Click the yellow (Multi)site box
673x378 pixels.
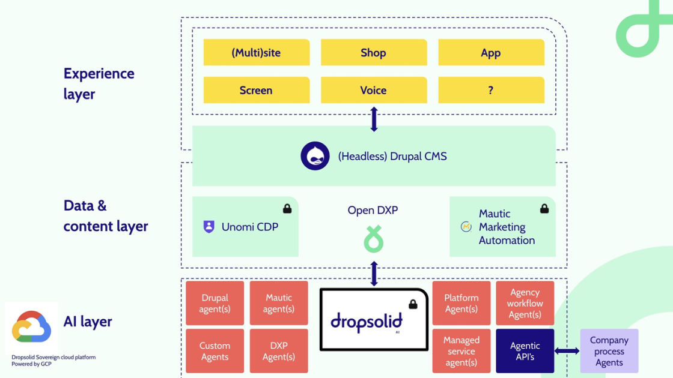pos(257,53)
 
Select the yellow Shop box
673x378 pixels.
pos(374,53)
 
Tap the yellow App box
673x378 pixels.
pos(491,53)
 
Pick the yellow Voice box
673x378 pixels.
pos(374,91)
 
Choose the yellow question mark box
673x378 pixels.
pos(491,91)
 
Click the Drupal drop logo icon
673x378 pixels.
pos(315,156)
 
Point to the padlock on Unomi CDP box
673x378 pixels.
pos(287,208)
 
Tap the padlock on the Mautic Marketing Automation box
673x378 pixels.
pos(544,208)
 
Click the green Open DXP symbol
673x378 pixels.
pos(373,239)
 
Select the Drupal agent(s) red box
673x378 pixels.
pos(215,303)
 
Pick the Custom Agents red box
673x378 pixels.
pos(215,351)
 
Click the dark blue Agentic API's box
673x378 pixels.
pos(525,351)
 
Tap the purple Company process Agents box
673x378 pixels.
pos(609,351)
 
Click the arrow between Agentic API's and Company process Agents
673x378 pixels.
pos(567,351)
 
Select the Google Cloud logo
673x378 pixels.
pos(31,328)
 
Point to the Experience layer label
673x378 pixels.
pos(99,83)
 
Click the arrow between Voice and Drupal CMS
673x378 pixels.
pos(374,119)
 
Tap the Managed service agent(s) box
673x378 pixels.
pos(461,351)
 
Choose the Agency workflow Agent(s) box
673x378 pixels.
pos(525,303)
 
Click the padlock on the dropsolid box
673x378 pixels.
pos(413,304)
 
